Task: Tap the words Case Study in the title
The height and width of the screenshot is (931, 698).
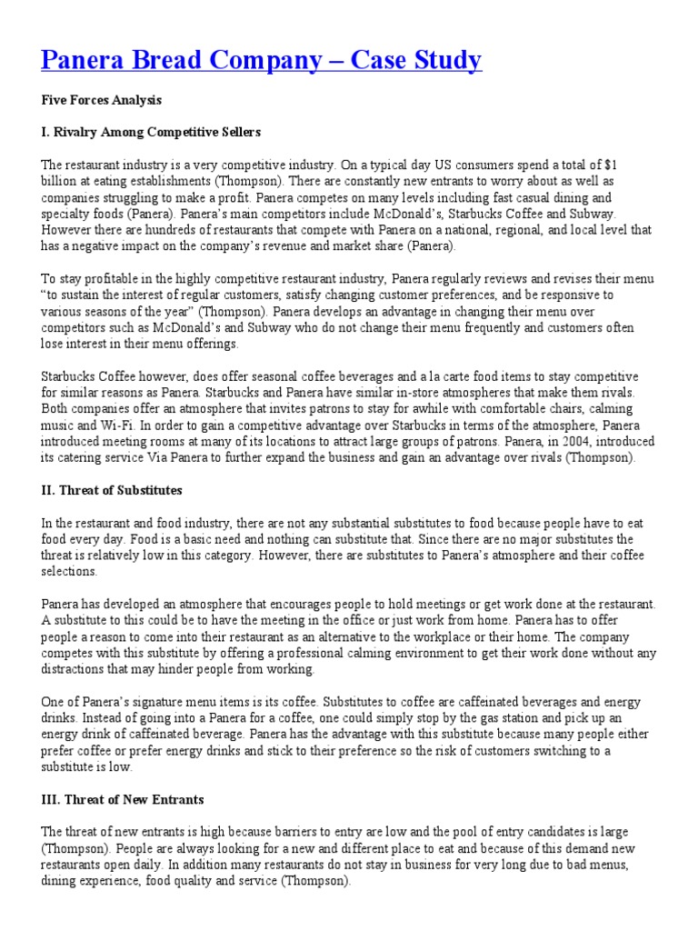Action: coord(417,61)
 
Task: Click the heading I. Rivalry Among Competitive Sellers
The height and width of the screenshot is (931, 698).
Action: coord(151,132)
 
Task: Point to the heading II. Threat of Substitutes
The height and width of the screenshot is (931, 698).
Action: coord(112,490)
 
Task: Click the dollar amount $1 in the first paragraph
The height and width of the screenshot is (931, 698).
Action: coord(610,165)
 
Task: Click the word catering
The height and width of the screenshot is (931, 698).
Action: coord(77,458)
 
